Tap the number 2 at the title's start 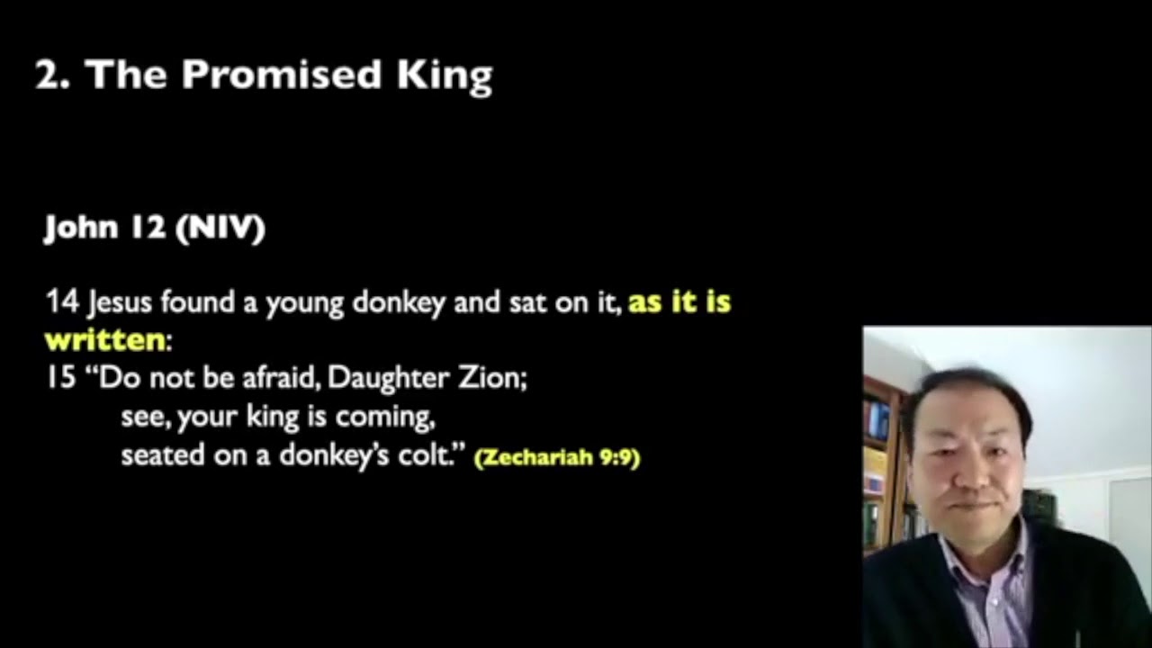coord(47,76)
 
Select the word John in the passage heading coord(81,229)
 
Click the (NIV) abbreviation coord(220,229)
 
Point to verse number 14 coord(62,302)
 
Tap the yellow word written coord(105,340)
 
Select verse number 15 coord(62,377)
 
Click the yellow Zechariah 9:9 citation coord(557,457)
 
